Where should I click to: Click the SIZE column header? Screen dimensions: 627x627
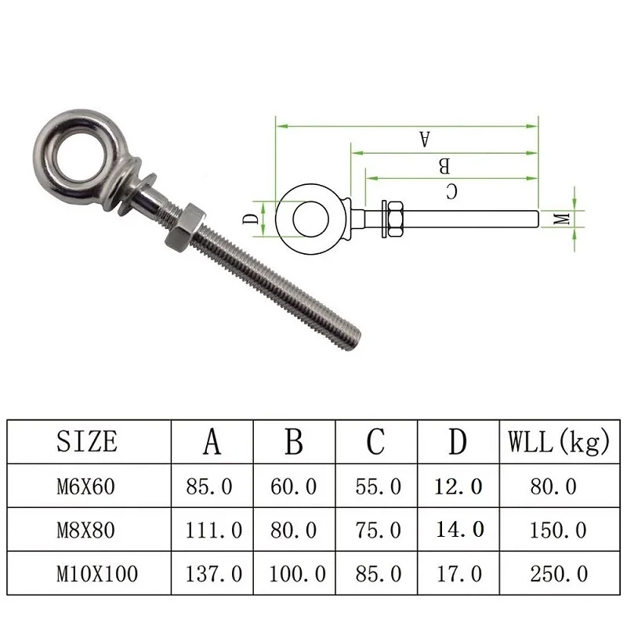[x=86, y=441]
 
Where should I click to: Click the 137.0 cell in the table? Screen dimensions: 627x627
[x=211, y=574]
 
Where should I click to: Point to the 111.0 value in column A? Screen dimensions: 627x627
[x=211, y=531]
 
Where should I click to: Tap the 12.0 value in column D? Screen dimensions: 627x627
[x=458, y=487]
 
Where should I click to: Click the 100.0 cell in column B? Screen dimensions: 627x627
[x=293, y=574]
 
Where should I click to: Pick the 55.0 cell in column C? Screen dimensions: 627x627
[x=376, y=487]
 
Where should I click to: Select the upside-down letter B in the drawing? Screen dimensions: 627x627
[x=444, y=165]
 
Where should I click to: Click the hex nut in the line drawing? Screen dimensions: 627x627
[x=394, y=218]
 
